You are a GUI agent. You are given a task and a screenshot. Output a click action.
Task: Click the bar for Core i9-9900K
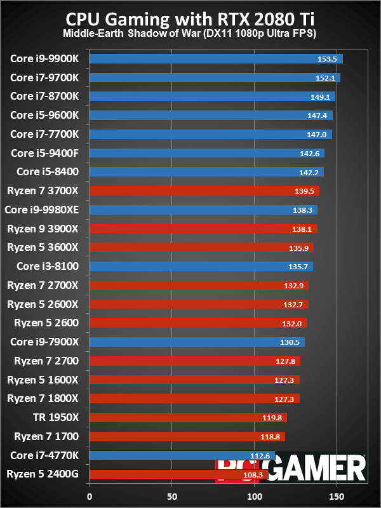click(x=216, y=59)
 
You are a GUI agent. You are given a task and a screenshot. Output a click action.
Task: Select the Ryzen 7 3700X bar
click(x=204, y=190)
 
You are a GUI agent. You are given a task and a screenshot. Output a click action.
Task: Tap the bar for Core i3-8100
click(x=201, y=266)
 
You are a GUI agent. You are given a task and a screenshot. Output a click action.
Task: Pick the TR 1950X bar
click(x=188, y=417)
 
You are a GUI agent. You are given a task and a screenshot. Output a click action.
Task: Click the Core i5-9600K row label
click(x=45, y=116)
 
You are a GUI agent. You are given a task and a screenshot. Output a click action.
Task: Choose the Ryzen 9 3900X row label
click(x=43, y=229)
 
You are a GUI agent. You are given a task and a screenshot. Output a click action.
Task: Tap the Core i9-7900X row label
click(x=45, y=342)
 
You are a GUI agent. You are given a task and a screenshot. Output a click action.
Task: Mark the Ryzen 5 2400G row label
click(x=43, y=474)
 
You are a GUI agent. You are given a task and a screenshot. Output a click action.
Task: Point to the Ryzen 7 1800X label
click(x=43, y=398)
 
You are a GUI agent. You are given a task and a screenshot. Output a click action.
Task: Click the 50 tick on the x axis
click(x=172, y=496)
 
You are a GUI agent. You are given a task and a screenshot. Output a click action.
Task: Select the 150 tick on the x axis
click(x=336, y=496)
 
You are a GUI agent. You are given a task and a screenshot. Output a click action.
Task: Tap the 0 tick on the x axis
click(x=90, y=496)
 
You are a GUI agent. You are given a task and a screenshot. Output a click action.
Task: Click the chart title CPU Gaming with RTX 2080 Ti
click(x=190, y=16)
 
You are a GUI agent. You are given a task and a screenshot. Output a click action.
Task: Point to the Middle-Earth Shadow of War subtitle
click(x=190, y=32)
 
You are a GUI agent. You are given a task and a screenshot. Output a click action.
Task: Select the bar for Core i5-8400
click(x=206, y=172)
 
